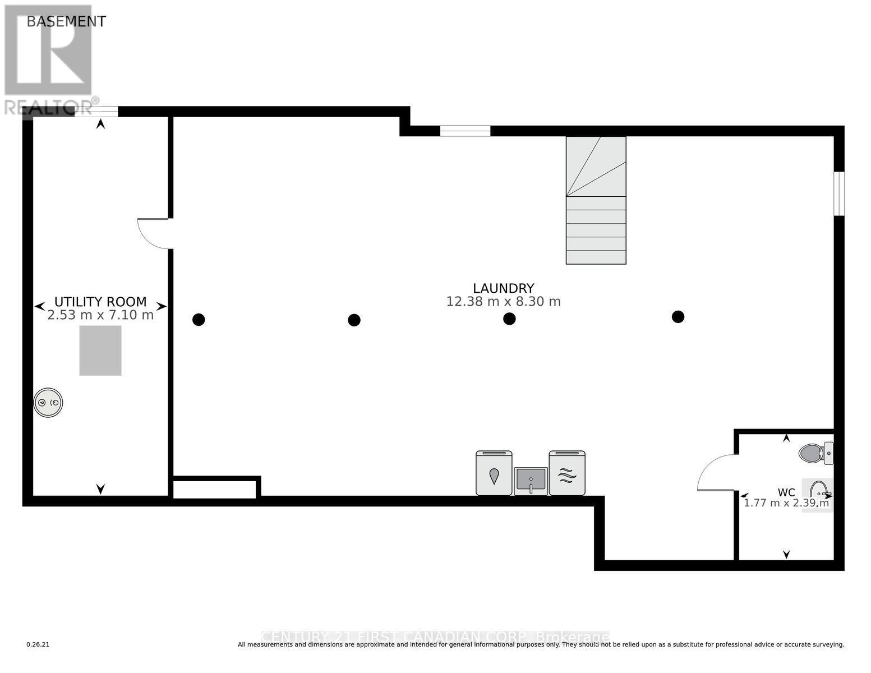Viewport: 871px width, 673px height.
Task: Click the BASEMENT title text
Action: [66, 21]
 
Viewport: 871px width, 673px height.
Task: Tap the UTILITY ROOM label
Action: [100, 302]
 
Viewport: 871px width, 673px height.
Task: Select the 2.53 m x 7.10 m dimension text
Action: [100, 315]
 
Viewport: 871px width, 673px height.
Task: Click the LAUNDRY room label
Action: [503, 288]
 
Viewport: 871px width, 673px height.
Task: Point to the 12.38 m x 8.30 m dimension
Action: [503, 302]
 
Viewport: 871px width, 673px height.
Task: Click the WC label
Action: [786, 492]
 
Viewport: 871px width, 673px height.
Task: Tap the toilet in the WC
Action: [815, 453]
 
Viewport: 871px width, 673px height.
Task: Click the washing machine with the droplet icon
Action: [494, 473]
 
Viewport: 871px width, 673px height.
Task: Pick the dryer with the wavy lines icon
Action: [567, 473]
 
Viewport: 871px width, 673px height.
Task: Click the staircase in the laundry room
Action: [596, 200]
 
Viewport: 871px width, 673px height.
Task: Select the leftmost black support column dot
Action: [199, 320]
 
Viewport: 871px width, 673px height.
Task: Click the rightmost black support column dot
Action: [678, 317]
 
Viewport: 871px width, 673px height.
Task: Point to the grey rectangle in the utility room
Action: [100, 351]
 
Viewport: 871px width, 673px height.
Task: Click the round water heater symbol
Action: [48, 403]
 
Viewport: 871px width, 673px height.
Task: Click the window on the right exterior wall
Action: [838, 193]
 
